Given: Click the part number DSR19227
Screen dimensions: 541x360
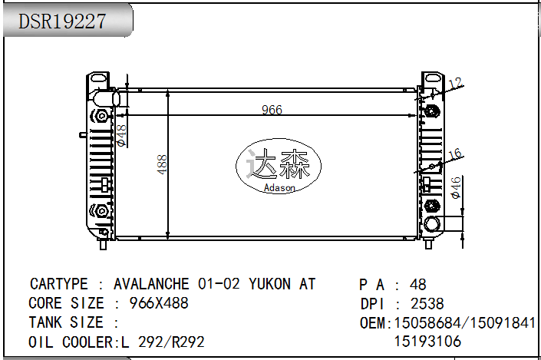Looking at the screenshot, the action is click(62, 21).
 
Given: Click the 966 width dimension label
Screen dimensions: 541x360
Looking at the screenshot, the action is click(272, 110).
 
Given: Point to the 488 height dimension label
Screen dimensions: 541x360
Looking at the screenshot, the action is click(162, 164).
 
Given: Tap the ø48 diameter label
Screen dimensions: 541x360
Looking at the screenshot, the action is click(122, 136).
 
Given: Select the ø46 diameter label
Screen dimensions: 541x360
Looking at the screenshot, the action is click(456, 188).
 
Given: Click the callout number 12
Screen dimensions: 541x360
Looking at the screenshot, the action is click(455, 83).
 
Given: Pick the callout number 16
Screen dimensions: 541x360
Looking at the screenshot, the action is click(455, 154).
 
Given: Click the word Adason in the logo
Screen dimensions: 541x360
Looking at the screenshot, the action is click(279, 188).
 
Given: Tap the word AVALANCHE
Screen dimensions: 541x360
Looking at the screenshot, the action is click(151, 284).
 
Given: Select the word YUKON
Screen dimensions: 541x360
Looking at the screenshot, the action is click(269, 284).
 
